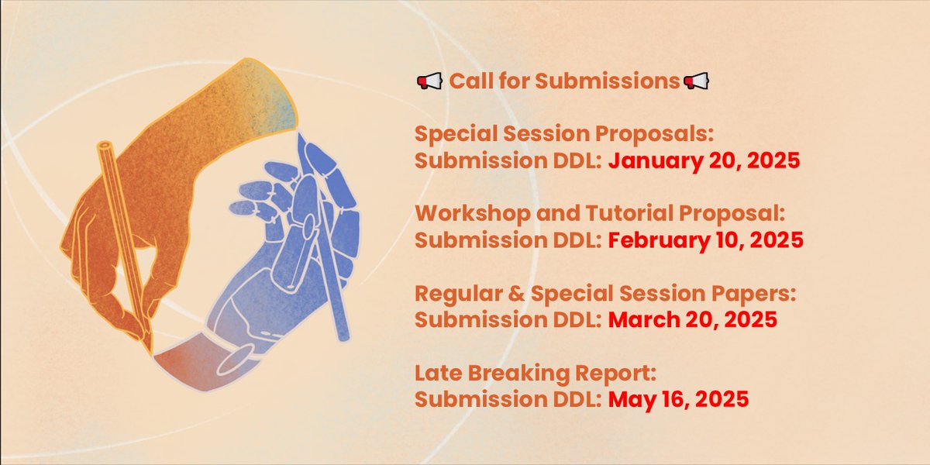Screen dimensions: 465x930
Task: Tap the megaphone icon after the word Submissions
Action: (x=696, y=81)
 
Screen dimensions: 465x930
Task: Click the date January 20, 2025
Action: (x=703, y=163)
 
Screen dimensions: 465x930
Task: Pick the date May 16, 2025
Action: (x=678, y=399)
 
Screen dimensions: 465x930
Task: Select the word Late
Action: (x=437, y=374)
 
